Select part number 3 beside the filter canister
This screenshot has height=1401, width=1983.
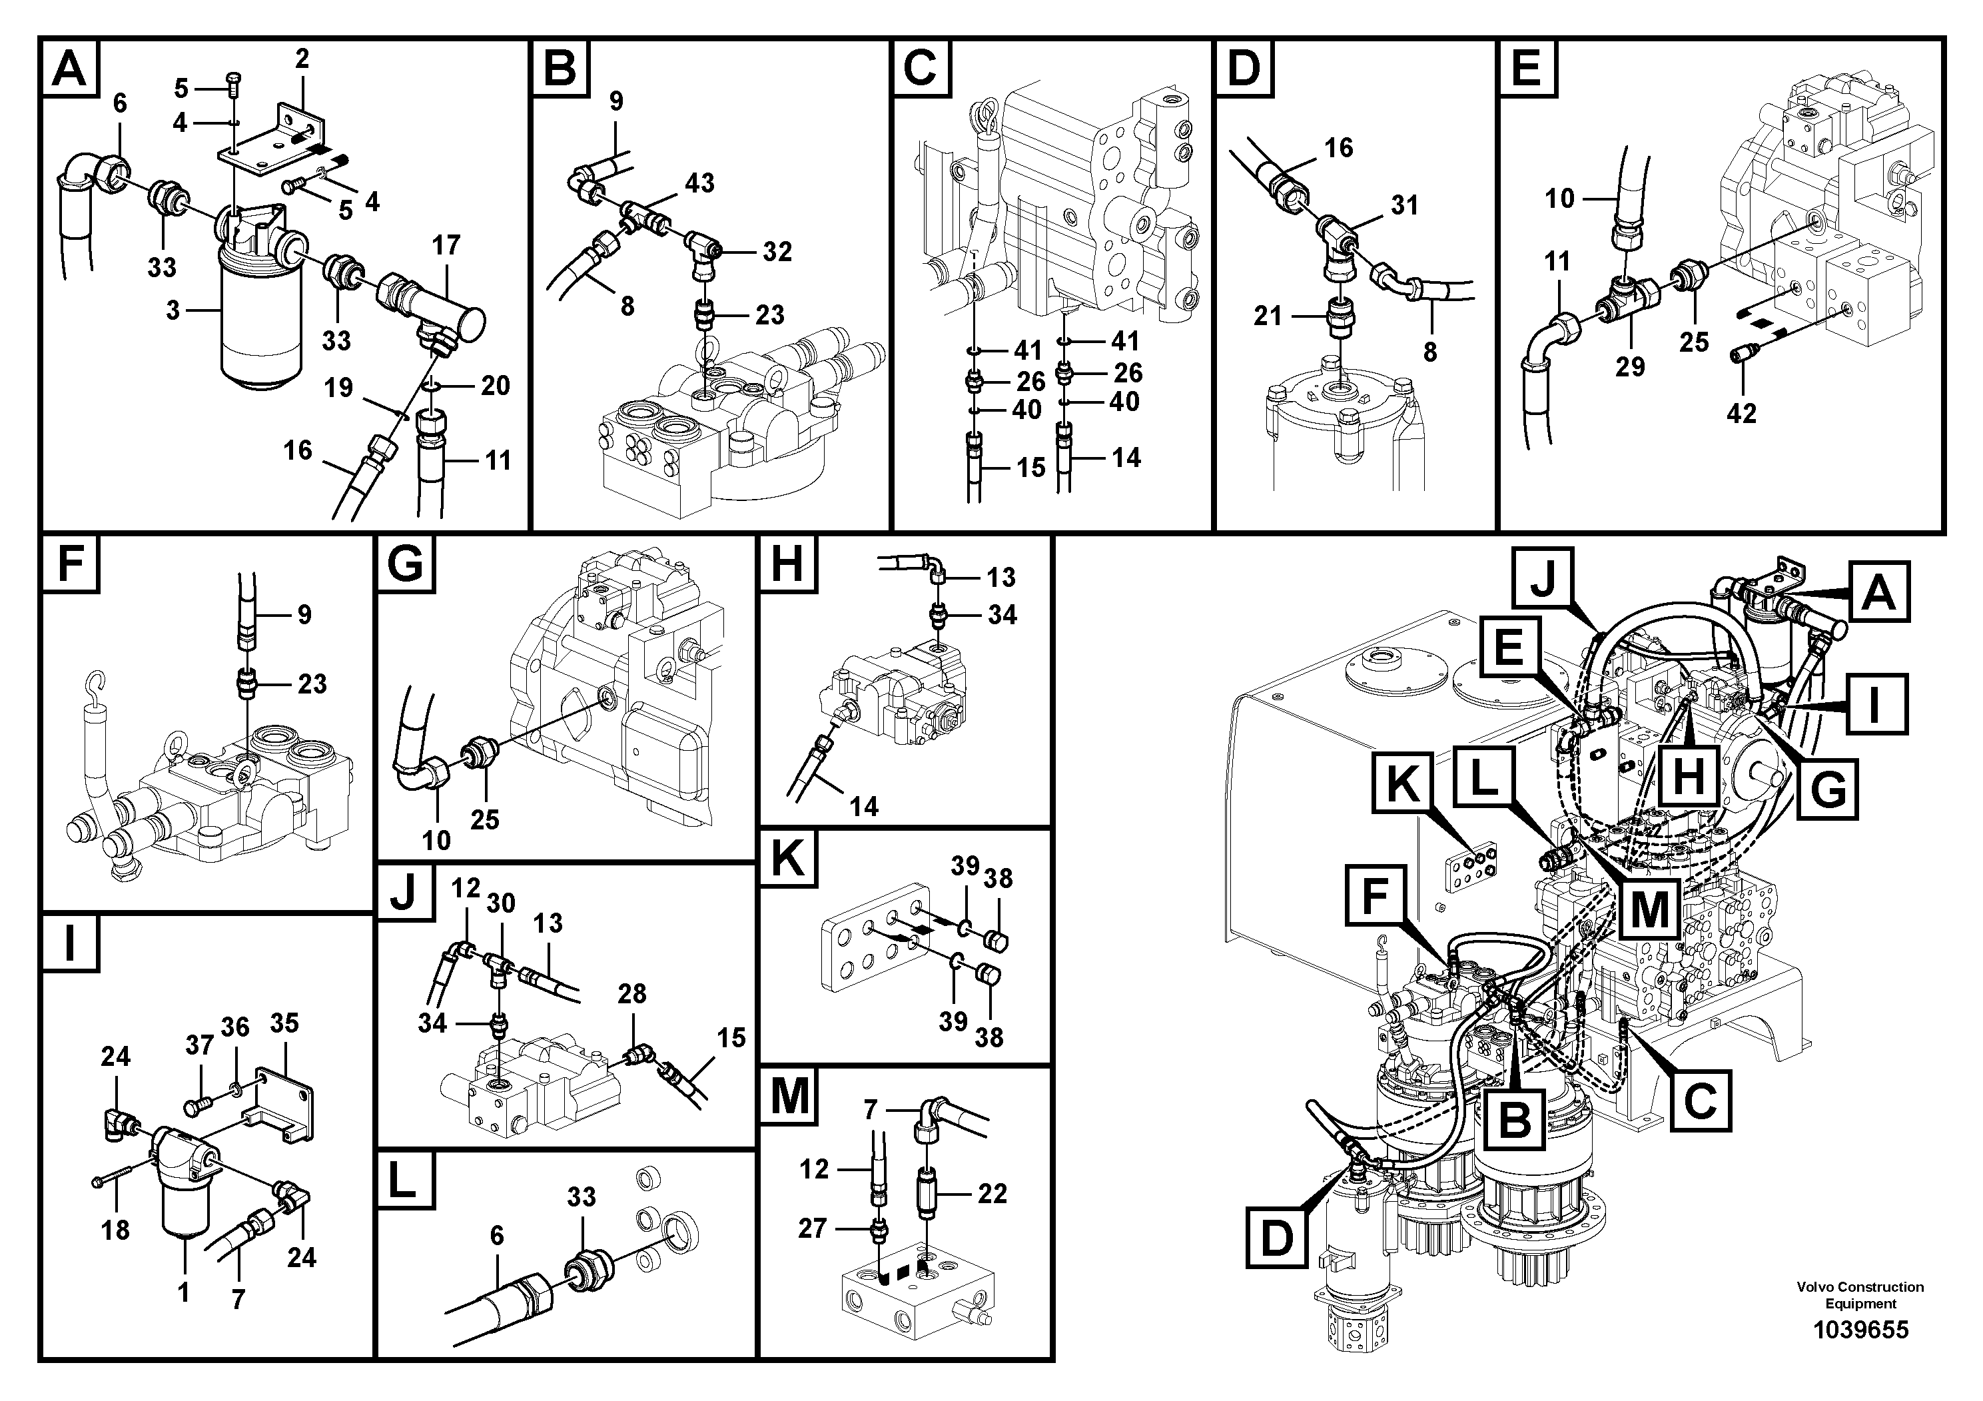click(173, 309)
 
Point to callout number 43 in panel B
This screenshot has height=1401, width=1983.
click(699, 183)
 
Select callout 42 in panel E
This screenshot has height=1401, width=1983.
click(1741, 413)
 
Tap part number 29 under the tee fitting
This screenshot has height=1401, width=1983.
click(1630, 366)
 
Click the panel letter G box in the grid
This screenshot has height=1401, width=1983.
click(405, 565)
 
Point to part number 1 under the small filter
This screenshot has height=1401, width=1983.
click(183, 1292)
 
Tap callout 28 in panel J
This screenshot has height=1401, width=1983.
click(631, 993)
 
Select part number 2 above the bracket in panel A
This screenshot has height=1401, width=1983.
click(302, 59)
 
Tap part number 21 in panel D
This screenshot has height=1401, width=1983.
click(1267, 316)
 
